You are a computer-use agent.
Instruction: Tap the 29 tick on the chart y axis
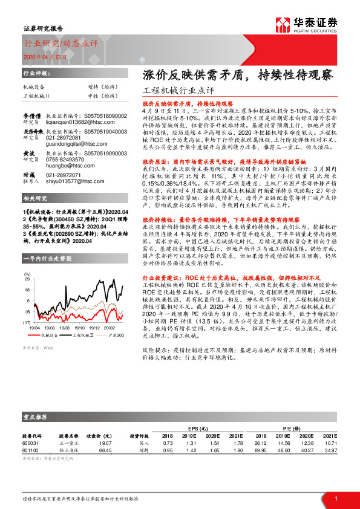(27, 280)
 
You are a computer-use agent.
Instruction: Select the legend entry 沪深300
(117, 334)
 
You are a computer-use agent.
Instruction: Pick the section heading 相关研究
(35, 198)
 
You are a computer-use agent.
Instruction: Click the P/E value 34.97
(329, 450)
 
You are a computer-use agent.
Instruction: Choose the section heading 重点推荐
(35, 417)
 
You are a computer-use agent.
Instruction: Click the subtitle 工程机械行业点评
(180, 91)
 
